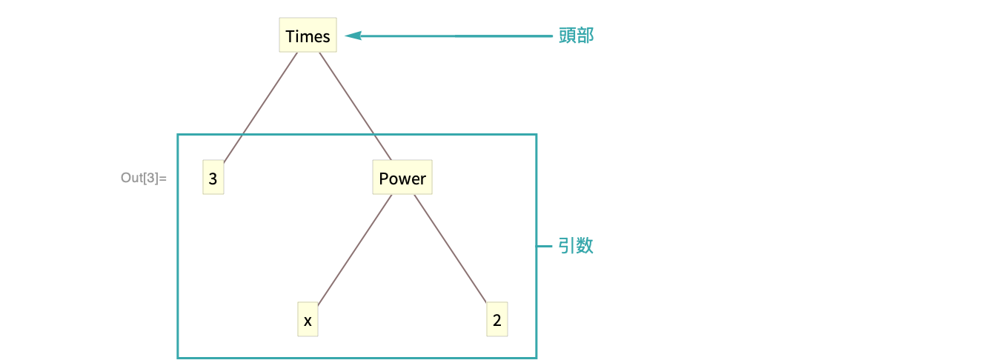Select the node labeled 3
[213, 179]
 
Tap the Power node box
[402, 179]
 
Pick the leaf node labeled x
[307, 320]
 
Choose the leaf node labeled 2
[497, 320]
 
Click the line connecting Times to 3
[260, 107]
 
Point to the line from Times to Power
[355, 107]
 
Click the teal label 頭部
[576, 36]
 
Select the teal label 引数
[576, 246]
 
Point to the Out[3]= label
[144, 179]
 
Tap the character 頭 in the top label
[567, 36]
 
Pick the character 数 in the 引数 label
[585, 246]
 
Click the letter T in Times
[290, 36]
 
